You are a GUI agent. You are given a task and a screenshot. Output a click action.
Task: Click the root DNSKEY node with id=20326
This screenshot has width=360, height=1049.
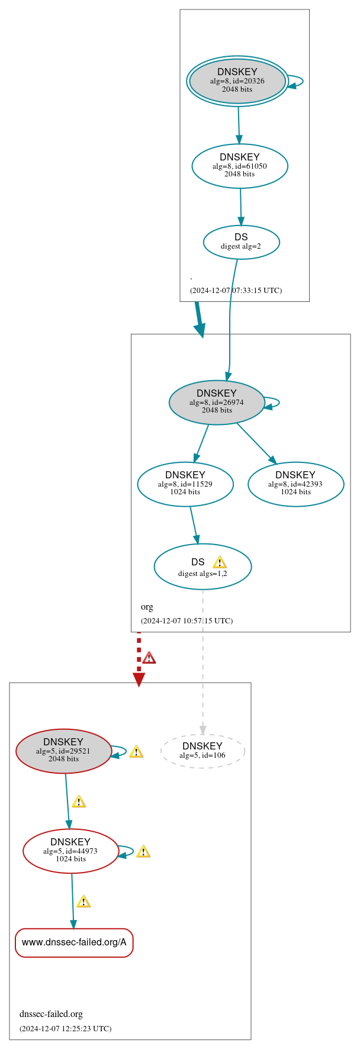[237, 81]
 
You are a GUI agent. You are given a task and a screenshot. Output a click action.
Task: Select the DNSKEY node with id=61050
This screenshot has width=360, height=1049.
[240, 166]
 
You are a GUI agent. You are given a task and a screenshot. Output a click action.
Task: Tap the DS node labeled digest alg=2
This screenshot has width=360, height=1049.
[241, 242]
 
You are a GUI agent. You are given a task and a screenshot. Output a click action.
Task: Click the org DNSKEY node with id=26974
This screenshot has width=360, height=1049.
[217, 402]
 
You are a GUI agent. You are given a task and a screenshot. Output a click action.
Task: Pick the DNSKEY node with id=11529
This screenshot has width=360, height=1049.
[185, 484]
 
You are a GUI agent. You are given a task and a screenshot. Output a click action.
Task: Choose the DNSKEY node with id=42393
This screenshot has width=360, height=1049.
[295, 484]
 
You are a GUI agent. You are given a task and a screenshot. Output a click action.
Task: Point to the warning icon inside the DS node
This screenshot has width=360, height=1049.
[220, 562]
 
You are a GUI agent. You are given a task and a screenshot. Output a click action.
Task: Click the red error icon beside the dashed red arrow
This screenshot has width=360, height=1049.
[149, 658]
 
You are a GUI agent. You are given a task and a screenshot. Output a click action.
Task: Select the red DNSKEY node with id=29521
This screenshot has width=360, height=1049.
[63, 751]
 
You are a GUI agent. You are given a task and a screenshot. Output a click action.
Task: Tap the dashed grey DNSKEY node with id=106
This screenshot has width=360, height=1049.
[202, 751]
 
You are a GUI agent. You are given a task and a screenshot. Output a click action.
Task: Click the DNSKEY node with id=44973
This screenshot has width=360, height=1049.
[70, 851]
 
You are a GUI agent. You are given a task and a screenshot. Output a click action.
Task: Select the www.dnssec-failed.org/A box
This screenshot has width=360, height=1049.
[74, 942]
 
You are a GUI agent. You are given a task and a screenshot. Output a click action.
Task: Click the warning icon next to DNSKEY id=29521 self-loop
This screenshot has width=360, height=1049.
[136, 752]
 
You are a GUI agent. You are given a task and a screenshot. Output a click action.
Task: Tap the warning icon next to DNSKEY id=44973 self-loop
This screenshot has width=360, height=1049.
[143, 852]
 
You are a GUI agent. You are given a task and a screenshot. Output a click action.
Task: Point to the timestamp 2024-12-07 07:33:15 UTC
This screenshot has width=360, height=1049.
[236, 291]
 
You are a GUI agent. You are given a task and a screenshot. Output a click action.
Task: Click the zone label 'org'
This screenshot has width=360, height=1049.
[147, 607]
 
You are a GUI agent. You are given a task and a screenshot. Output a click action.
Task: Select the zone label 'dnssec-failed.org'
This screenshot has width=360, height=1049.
[51, 1014]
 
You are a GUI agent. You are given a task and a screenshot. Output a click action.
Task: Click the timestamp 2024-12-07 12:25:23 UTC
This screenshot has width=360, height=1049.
[65, 1028]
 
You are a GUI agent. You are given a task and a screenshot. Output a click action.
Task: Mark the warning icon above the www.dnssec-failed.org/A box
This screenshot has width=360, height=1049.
[83, 902]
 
